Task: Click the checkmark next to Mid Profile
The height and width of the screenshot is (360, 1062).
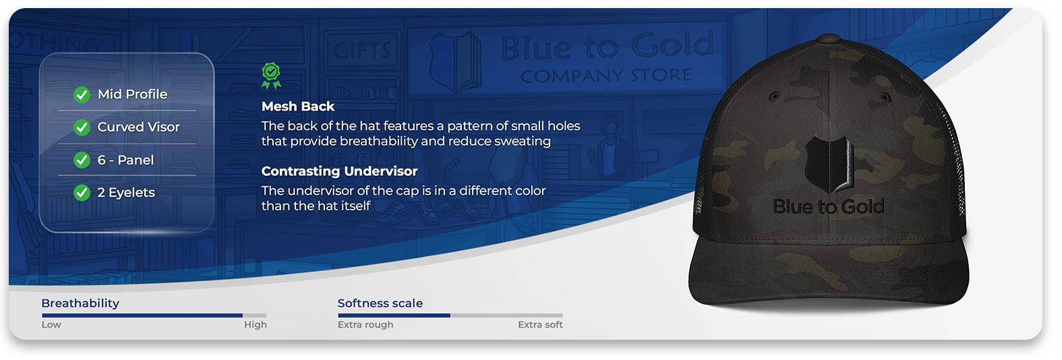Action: point(82,94)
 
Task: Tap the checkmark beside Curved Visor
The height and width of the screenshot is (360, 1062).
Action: point(82,127)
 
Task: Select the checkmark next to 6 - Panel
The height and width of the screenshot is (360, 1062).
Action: point(82,160)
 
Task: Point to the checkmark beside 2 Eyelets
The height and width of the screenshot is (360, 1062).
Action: point(82,193)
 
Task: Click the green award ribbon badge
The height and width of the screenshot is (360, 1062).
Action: point(271,76)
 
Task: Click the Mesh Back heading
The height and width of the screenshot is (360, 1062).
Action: point(298,107)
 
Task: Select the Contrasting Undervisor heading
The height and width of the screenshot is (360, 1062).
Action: point(339,171)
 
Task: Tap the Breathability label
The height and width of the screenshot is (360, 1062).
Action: point(80,303)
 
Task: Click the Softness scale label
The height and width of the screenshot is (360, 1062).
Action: point(380,303)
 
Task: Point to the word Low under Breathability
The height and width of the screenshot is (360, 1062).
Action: point(51,324)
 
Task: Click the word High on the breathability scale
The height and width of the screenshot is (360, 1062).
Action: point(255,325)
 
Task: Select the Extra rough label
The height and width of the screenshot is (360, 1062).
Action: point(365,325)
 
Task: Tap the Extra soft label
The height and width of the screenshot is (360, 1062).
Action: point(540,324)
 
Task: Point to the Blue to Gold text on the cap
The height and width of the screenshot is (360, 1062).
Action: point(829,206)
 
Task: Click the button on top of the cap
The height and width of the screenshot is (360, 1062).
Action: point(829,38)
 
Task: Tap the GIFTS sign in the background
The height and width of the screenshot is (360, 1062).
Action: point(361,51)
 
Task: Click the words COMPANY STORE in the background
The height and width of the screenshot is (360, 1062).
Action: point(606,75)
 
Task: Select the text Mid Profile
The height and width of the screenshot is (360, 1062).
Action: point(132,94)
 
